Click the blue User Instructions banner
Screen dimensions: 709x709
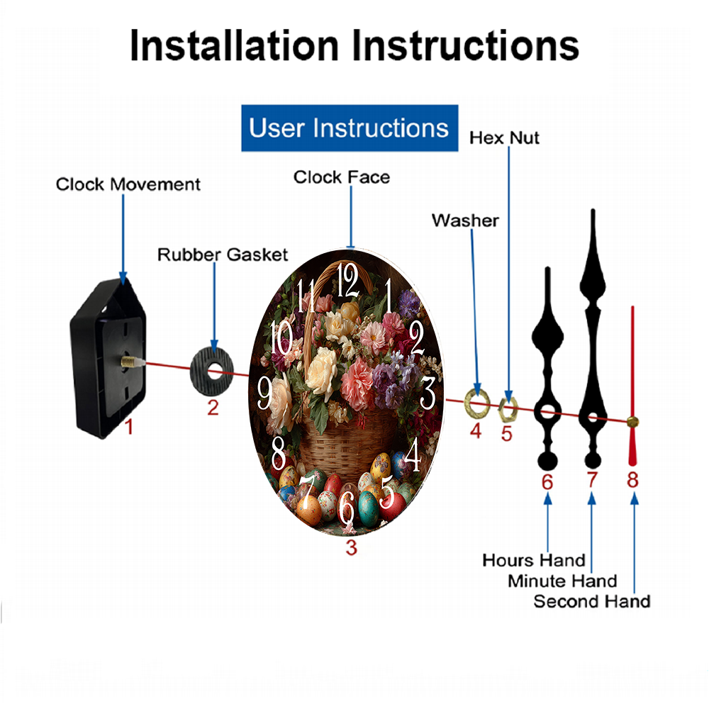click(350, 128)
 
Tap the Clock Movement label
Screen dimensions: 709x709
click(128, 185)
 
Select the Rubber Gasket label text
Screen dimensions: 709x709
click(223, 255)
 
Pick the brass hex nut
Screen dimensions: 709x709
click(507, 406)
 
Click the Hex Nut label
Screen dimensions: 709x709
click(504, 138)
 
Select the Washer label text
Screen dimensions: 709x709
click(465, 220)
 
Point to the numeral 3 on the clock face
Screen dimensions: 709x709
click(428, 393)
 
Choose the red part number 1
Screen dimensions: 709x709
click(128, 427)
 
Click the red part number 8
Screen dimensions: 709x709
click(632, 480)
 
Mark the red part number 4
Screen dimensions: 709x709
click(476, 430)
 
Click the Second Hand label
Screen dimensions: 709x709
click(591, 602)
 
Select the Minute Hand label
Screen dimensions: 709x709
click(562, 581)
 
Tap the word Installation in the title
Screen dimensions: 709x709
click(234, 46)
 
